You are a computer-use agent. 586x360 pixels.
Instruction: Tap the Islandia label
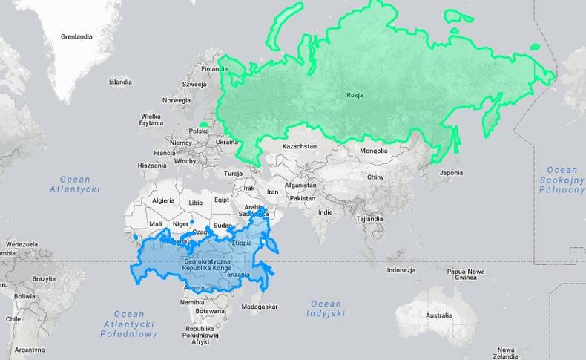click(x=120, y=82)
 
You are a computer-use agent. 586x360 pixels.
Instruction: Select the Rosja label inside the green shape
click(x=354, y=94)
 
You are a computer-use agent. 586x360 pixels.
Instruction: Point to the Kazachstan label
click(x=299, y=146)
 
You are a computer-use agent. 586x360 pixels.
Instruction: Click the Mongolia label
click(x=373, y=151)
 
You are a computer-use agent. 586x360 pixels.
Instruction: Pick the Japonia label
click(x=451, y=173)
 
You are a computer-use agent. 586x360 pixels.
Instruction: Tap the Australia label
click(x=438, y=315)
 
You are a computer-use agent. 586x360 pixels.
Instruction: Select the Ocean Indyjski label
click(x=326, y=308)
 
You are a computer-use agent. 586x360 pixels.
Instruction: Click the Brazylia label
click(x=44, y=278)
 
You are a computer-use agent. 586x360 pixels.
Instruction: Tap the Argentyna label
click(x=30, y=350)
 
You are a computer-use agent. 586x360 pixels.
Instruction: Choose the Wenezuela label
click(x=22, y=244)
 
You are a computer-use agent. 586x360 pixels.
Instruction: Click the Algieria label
click(x=162, y=200)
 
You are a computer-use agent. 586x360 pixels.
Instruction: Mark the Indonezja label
click(x=401, y=269)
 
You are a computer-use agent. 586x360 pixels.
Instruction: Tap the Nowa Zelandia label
click(x=507, y=353)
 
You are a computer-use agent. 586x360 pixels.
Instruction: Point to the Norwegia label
click(x=177, y=100)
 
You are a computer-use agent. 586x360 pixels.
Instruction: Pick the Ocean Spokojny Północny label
click(x=562, y=180)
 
